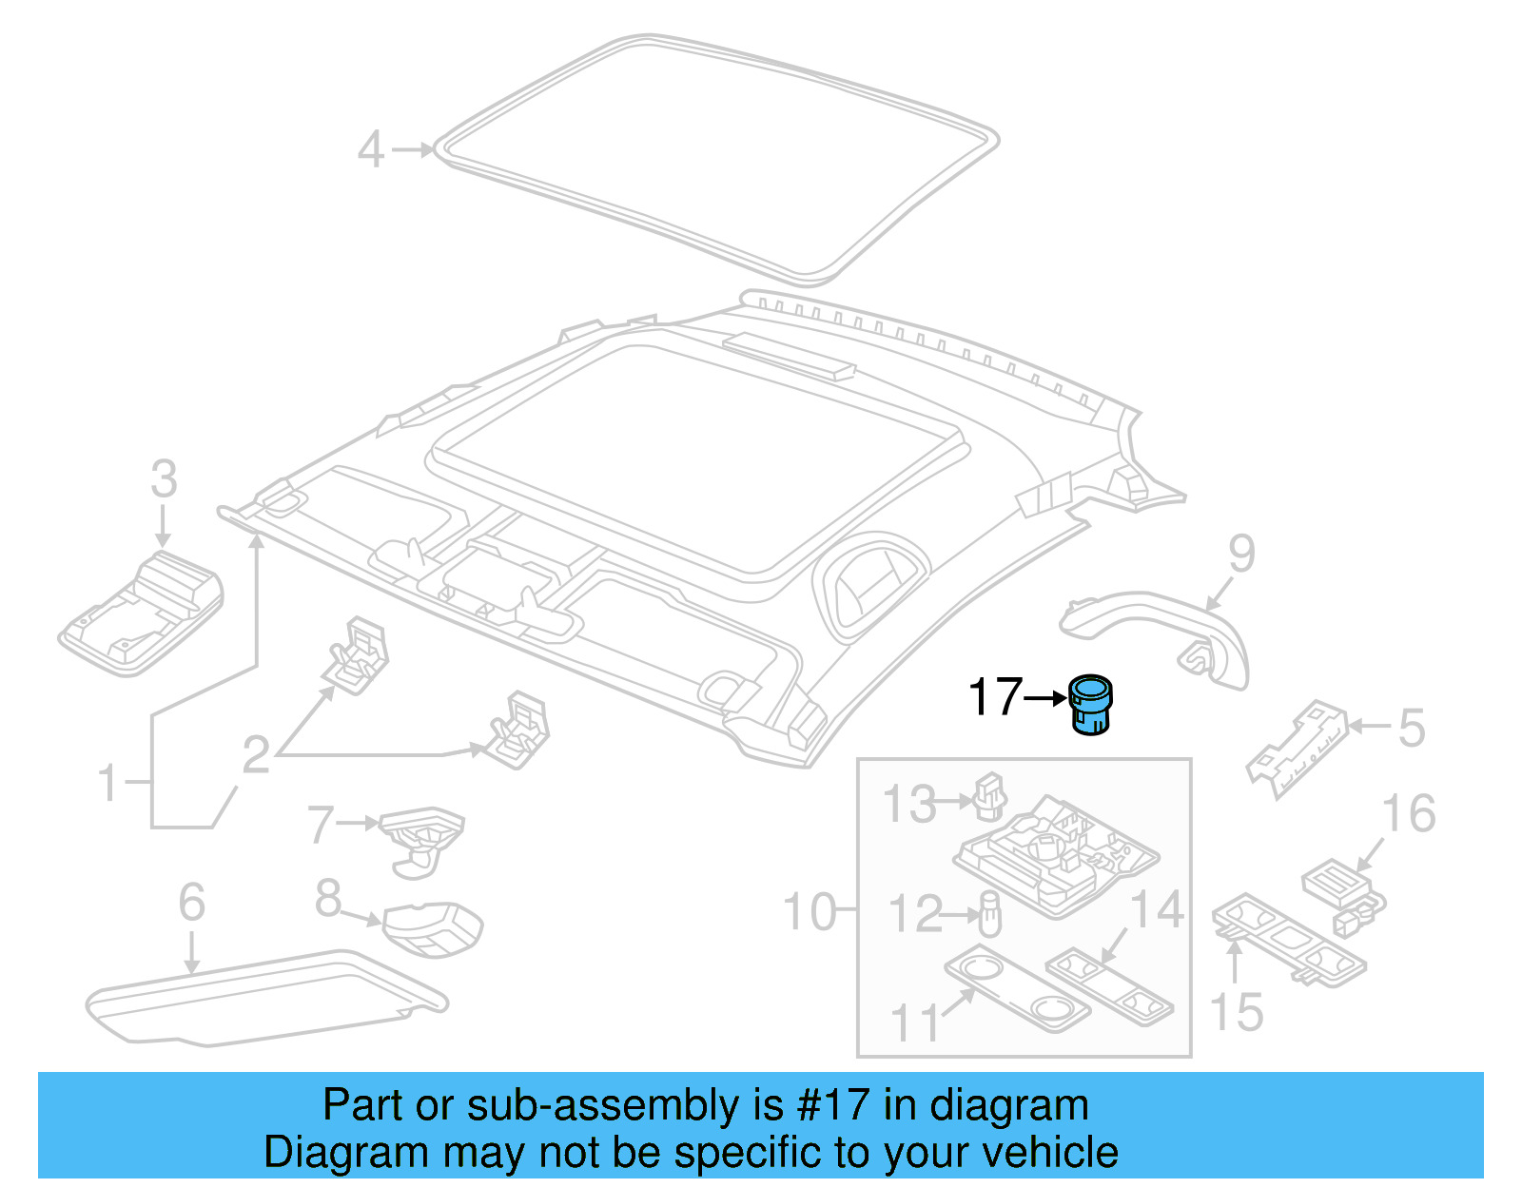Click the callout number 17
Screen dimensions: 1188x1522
994,697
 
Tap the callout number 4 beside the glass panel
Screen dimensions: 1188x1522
371,150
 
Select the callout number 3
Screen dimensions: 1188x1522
164,479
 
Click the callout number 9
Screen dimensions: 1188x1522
1241,554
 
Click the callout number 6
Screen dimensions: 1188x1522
191,902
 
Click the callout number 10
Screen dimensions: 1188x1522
809,912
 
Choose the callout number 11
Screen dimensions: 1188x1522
913,1023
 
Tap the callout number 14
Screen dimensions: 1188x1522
1156,909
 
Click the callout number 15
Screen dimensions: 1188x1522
1236,1013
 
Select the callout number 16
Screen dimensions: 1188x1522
1408,814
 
